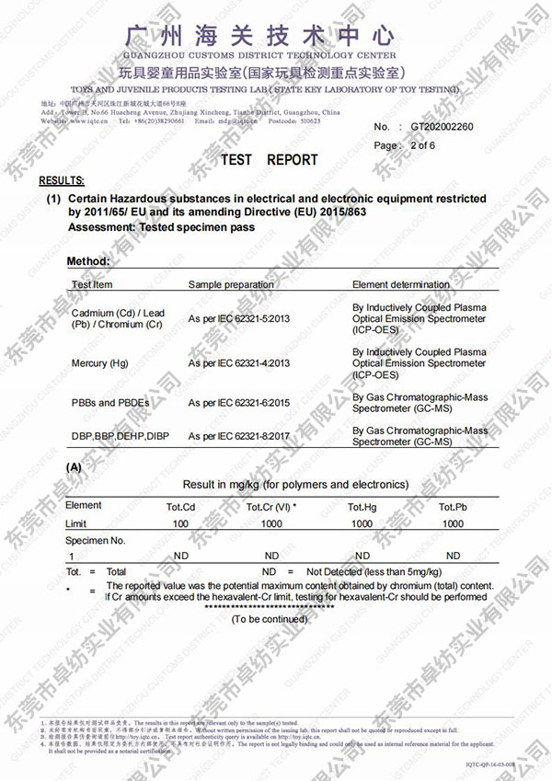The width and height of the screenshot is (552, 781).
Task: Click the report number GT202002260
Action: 442,127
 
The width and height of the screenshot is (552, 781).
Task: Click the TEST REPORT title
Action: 270,160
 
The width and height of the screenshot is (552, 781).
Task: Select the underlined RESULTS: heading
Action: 62,181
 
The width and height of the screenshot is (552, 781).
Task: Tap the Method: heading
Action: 88,262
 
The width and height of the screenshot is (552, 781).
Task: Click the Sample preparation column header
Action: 230,285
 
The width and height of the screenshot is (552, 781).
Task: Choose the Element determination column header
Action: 401,285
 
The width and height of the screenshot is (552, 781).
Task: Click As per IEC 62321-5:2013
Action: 239,318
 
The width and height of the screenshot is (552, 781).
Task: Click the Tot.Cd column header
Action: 180,507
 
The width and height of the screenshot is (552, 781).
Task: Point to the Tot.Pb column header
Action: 453,507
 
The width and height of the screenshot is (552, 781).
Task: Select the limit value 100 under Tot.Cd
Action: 180,523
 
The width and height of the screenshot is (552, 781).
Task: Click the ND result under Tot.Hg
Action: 362,556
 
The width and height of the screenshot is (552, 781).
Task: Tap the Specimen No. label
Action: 95,540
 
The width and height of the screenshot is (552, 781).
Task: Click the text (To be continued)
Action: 270,619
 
